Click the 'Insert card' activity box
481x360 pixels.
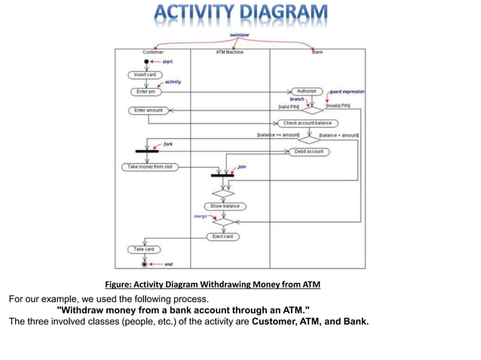coord(145,75)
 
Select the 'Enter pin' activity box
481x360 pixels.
coord(145,92)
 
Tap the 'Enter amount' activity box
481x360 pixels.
coord(149,110)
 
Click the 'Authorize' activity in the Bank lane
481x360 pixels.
coord(306,91)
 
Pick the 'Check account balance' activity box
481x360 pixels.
coord(307,123)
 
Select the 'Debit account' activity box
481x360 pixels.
coord(308,151)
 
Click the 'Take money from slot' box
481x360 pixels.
coord(150,166)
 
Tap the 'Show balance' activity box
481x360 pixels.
coord(225,206)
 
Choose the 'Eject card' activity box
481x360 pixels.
coord(224,236)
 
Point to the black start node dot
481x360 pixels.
coord(146,61)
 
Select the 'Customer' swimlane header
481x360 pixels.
coord(153,52)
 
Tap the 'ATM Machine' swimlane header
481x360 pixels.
coord(230,52)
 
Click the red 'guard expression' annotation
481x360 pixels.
coord(347,91)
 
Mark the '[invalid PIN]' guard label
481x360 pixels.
coord(337,106)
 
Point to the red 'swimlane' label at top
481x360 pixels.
coord(240,35)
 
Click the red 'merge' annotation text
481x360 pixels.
coord(202,216)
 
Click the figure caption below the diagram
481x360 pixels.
coord(212,284)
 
